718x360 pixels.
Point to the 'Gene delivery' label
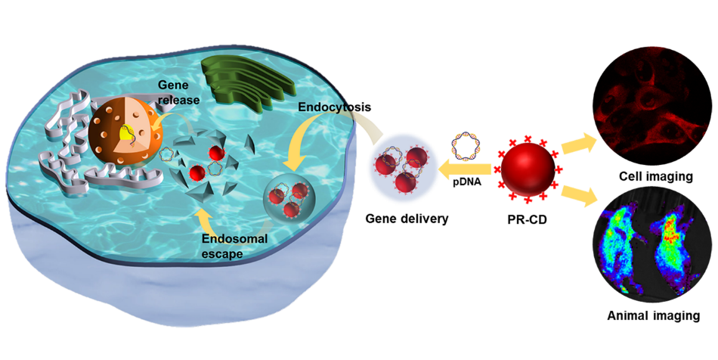[x=407, y=219]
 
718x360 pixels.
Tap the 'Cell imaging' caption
[x=654, y=176]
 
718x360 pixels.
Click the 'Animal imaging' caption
[x=654, y=315]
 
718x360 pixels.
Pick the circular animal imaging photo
[x=654, y=249]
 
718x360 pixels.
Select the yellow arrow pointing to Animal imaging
[x=580, y=194]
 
